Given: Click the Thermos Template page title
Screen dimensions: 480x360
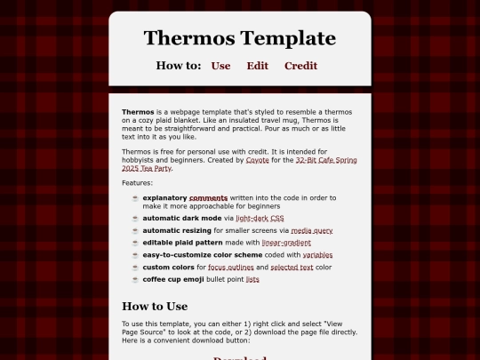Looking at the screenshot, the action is click(x=239, y=38).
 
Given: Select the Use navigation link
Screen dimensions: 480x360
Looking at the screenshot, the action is click(x=220, y=66).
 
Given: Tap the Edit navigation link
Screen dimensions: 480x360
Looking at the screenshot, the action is click(x=258, y=66).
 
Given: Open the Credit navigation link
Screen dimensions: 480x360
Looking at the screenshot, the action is click(x=300, y=66).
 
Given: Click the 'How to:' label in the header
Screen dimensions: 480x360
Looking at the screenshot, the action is click(x=179, y=66).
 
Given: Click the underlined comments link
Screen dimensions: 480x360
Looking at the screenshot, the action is click(x=209, y=197).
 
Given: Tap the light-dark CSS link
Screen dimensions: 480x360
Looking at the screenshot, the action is click(x=260, y=218).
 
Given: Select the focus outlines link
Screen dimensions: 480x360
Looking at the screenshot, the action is click(x=230, y=267).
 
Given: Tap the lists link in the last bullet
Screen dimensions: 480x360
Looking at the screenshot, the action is click(x=252, y=279).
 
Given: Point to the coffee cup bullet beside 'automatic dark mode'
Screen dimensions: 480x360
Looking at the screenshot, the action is click(x=135, y=218).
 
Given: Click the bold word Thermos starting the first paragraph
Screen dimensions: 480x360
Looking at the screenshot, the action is click(x=138, y=111).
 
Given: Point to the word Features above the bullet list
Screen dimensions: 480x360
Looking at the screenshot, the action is click(x=137, y=182).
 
